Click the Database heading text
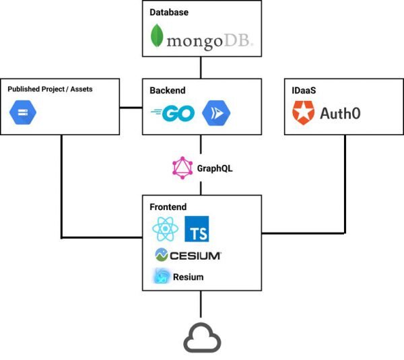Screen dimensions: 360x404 [x=169, y=11]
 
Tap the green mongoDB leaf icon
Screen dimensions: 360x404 [x=156, y=36]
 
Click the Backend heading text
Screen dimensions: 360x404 [x=168, y=90]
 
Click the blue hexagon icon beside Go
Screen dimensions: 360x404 [x=216, y=113]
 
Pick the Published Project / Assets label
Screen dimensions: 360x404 [x=50, y=89]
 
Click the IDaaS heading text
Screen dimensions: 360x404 [x=303, y=90]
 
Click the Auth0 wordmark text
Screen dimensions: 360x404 [x=339, y=114]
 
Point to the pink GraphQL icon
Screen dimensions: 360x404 [x=182, y=168]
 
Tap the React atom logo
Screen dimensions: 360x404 [x=165, y=231]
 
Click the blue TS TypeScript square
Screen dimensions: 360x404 [x=198, y=231]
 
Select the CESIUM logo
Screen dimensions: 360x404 [x=189, y=255]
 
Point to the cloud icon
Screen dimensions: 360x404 [x=201, y=338]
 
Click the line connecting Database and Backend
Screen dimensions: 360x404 [x=201, y=67]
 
